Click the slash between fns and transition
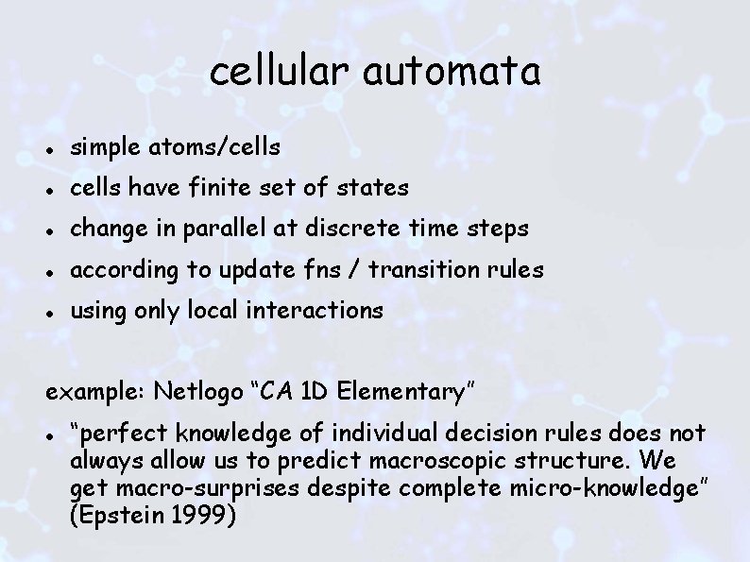pos(358,269)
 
